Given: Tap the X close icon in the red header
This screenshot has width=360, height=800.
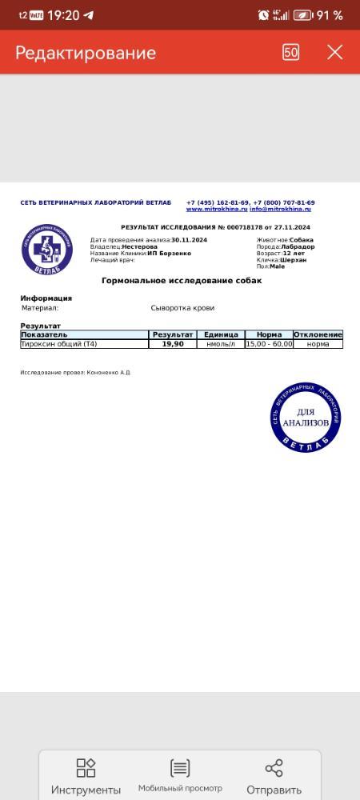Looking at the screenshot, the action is pos(334,52).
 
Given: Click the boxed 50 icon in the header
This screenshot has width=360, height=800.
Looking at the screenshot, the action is pos(291,52).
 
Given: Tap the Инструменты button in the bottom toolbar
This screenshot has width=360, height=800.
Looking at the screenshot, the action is pos(86,777).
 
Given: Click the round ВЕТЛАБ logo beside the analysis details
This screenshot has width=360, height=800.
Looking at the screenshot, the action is pos(47,249).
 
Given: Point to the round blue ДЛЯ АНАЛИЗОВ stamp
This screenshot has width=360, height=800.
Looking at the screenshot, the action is pos(306,417).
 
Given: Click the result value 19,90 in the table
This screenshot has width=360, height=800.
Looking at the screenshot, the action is pos(173,344).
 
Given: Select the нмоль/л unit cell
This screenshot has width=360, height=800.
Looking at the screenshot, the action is pos(221,344).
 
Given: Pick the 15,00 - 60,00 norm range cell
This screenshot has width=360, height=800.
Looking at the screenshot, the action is pos(270,344).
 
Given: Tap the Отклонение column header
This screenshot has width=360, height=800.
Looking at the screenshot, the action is pos(318,334).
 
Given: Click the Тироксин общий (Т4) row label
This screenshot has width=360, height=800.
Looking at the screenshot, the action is pos(59,344).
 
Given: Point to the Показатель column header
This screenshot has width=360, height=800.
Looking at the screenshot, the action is pos(50,334).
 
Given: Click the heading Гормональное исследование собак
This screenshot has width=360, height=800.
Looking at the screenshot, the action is pos(182,281).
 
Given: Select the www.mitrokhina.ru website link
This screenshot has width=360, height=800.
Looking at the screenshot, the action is pos(217,210).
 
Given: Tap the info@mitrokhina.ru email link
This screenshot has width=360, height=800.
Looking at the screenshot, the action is pos(280,210).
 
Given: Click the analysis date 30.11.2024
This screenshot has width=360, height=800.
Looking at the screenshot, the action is pos(189,240).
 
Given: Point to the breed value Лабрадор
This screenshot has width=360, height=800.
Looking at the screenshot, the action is pos(298,246).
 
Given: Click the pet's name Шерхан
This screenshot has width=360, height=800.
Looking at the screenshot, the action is pos(293,260).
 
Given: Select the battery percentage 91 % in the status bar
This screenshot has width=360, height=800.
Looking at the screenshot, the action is pos(329,15).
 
